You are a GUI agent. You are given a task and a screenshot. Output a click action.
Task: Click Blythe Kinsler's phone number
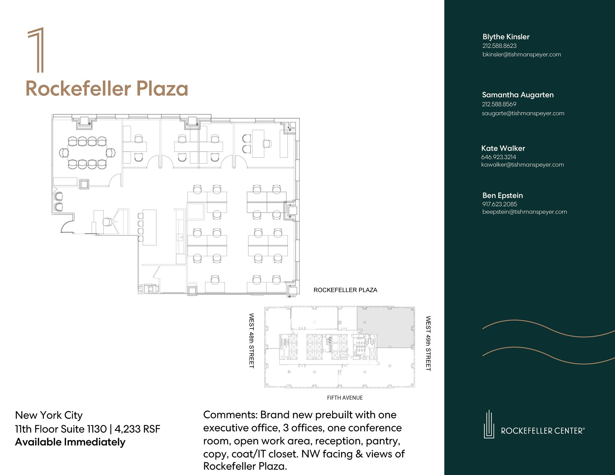tap(499, 46)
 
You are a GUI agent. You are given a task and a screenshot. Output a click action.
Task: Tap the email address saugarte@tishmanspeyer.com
tap(523, 113)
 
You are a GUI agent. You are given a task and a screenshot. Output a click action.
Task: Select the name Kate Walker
tap(503, 148)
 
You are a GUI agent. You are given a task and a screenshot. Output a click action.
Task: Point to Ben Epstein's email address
tap(525, 212)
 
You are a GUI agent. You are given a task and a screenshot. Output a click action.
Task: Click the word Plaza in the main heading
tap(162, 89)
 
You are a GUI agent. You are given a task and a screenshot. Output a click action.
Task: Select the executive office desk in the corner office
tap(258, 144)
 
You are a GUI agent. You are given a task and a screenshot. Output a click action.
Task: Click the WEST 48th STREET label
tap(252, 341)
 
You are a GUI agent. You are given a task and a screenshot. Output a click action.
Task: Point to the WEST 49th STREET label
tap(428, 343)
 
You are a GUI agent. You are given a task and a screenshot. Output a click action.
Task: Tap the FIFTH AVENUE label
tap(345, 398)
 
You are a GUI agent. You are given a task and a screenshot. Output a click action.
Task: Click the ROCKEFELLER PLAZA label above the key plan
tap(345, 290)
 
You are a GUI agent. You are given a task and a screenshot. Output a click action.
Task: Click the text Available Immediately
tap(70, 442)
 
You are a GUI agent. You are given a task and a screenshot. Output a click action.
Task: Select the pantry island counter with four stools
tap(149, 227)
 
